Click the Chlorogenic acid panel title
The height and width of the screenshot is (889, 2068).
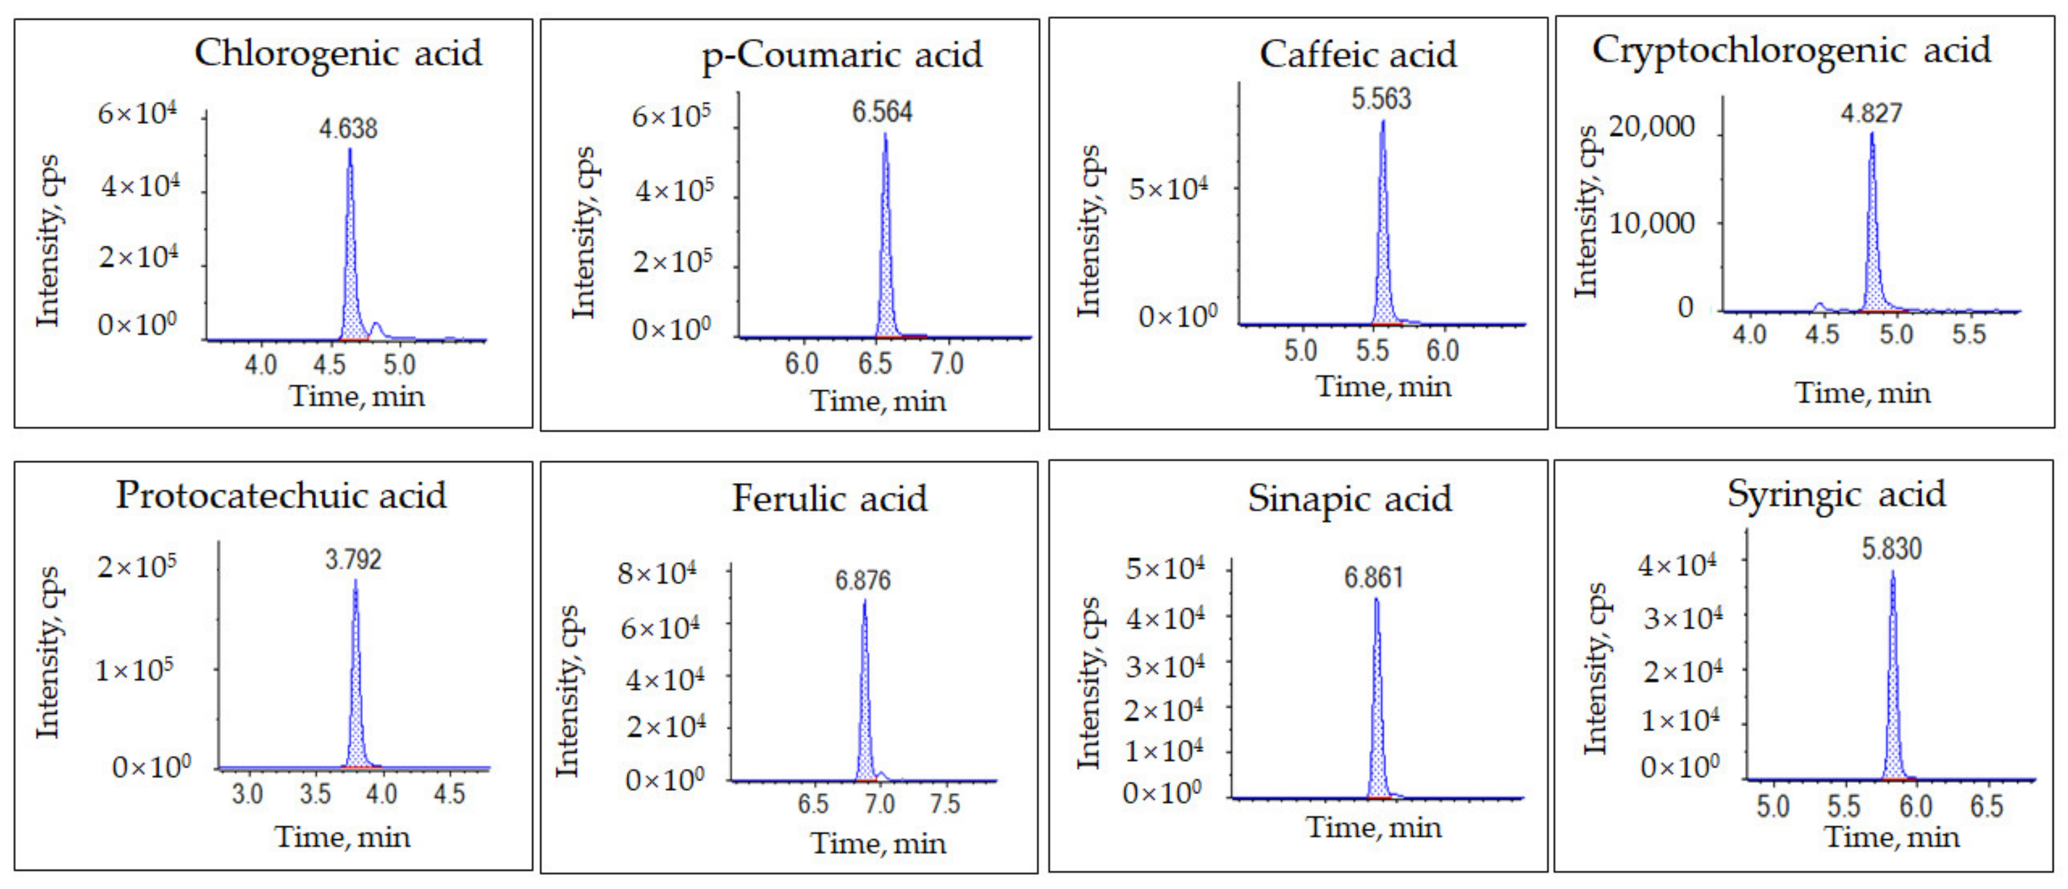(x=338, y=53)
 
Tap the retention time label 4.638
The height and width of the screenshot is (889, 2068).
(x=348, y=128)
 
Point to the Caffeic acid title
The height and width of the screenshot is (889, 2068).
(x=1357, y=54)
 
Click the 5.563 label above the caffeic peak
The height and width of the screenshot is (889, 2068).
(x=1381, y=99)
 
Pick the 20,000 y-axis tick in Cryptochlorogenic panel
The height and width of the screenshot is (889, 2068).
(x=1651, y=127)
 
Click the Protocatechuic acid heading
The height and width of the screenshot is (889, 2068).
(x=281, y=496)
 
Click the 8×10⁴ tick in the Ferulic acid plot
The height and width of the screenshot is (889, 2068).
(x=657, y=573)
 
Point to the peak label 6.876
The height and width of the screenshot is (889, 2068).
(x=862, y=580)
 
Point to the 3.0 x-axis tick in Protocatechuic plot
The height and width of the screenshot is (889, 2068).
(x=247, y=794)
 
